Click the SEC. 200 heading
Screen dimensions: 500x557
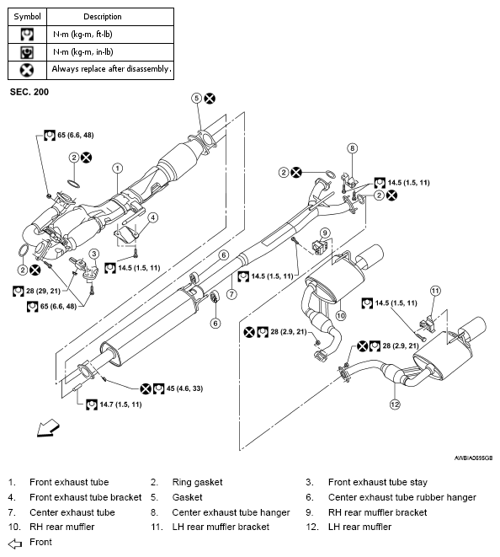(x=29, y=92)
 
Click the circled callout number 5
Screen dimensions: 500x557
(x=197, y=99)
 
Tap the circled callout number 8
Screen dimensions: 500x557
(x=352, y=148)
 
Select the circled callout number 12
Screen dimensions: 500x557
(x=395, y=404)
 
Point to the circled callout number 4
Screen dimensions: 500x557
(x=152, y=217)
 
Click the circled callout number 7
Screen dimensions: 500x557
(x=231, y=294)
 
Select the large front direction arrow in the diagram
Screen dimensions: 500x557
(x=48, y=427)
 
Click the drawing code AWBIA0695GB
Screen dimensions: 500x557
(x=473, y=458)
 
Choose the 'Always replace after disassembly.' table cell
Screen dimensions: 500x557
(x=110, y=70)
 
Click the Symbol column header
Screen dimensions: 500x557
(x=27, y=17)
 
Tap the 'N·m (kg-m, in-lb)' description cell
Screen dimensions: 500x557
(x=110, y=52)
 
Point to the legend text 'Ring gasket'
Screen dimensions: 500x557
(x=197, y=482)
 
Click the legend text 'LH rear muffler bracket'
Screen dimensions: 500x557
(x=221, y=527)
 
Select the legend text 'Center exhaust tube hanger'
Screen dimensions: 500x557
(x=231, y=512)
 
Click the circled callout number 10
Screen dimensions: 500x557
(x=341, y=315)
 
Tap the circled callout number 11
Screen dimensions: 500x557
(x=435, y=291)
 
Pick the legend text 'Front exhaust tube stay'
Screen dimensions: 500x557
(x=378, y=482)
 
